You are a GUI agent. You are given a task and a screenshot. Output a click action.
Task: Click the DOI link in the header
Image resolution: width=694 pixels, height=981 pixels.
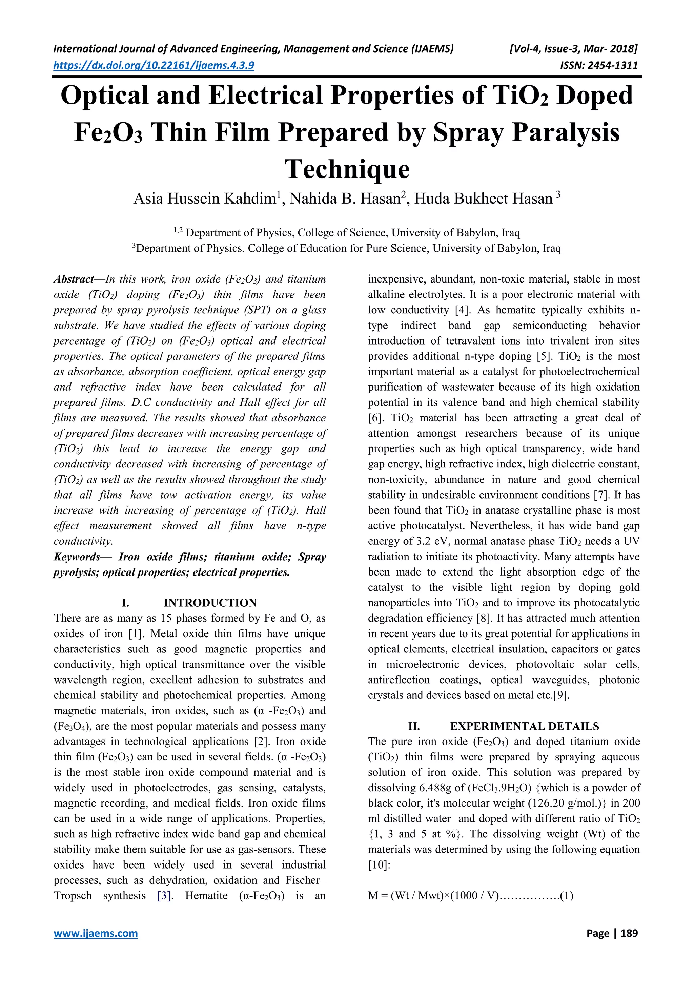tap(154, 65)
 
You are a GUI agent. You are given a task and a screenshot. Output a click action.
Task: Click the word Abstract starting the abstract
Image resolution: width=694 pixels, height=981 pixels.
tap(74, 279)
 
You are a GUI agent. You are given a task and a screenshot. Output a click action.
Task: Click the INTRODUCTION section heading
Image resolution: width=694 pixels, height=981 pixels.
tap(210, 603)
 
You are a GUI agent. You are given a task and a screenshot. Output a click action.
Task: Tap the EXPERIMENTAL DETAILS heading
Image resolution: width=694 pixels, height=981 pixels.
tap(524, 726)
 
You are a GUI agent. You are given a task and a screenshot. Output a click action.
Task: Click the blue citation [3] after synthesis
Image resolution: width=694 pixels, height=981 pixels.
tap(165, 896)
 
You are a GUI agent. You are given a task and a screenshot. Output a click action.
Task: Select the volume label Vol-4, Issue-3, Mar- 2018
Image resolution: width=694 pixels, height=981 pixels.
tap(573, 49)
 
